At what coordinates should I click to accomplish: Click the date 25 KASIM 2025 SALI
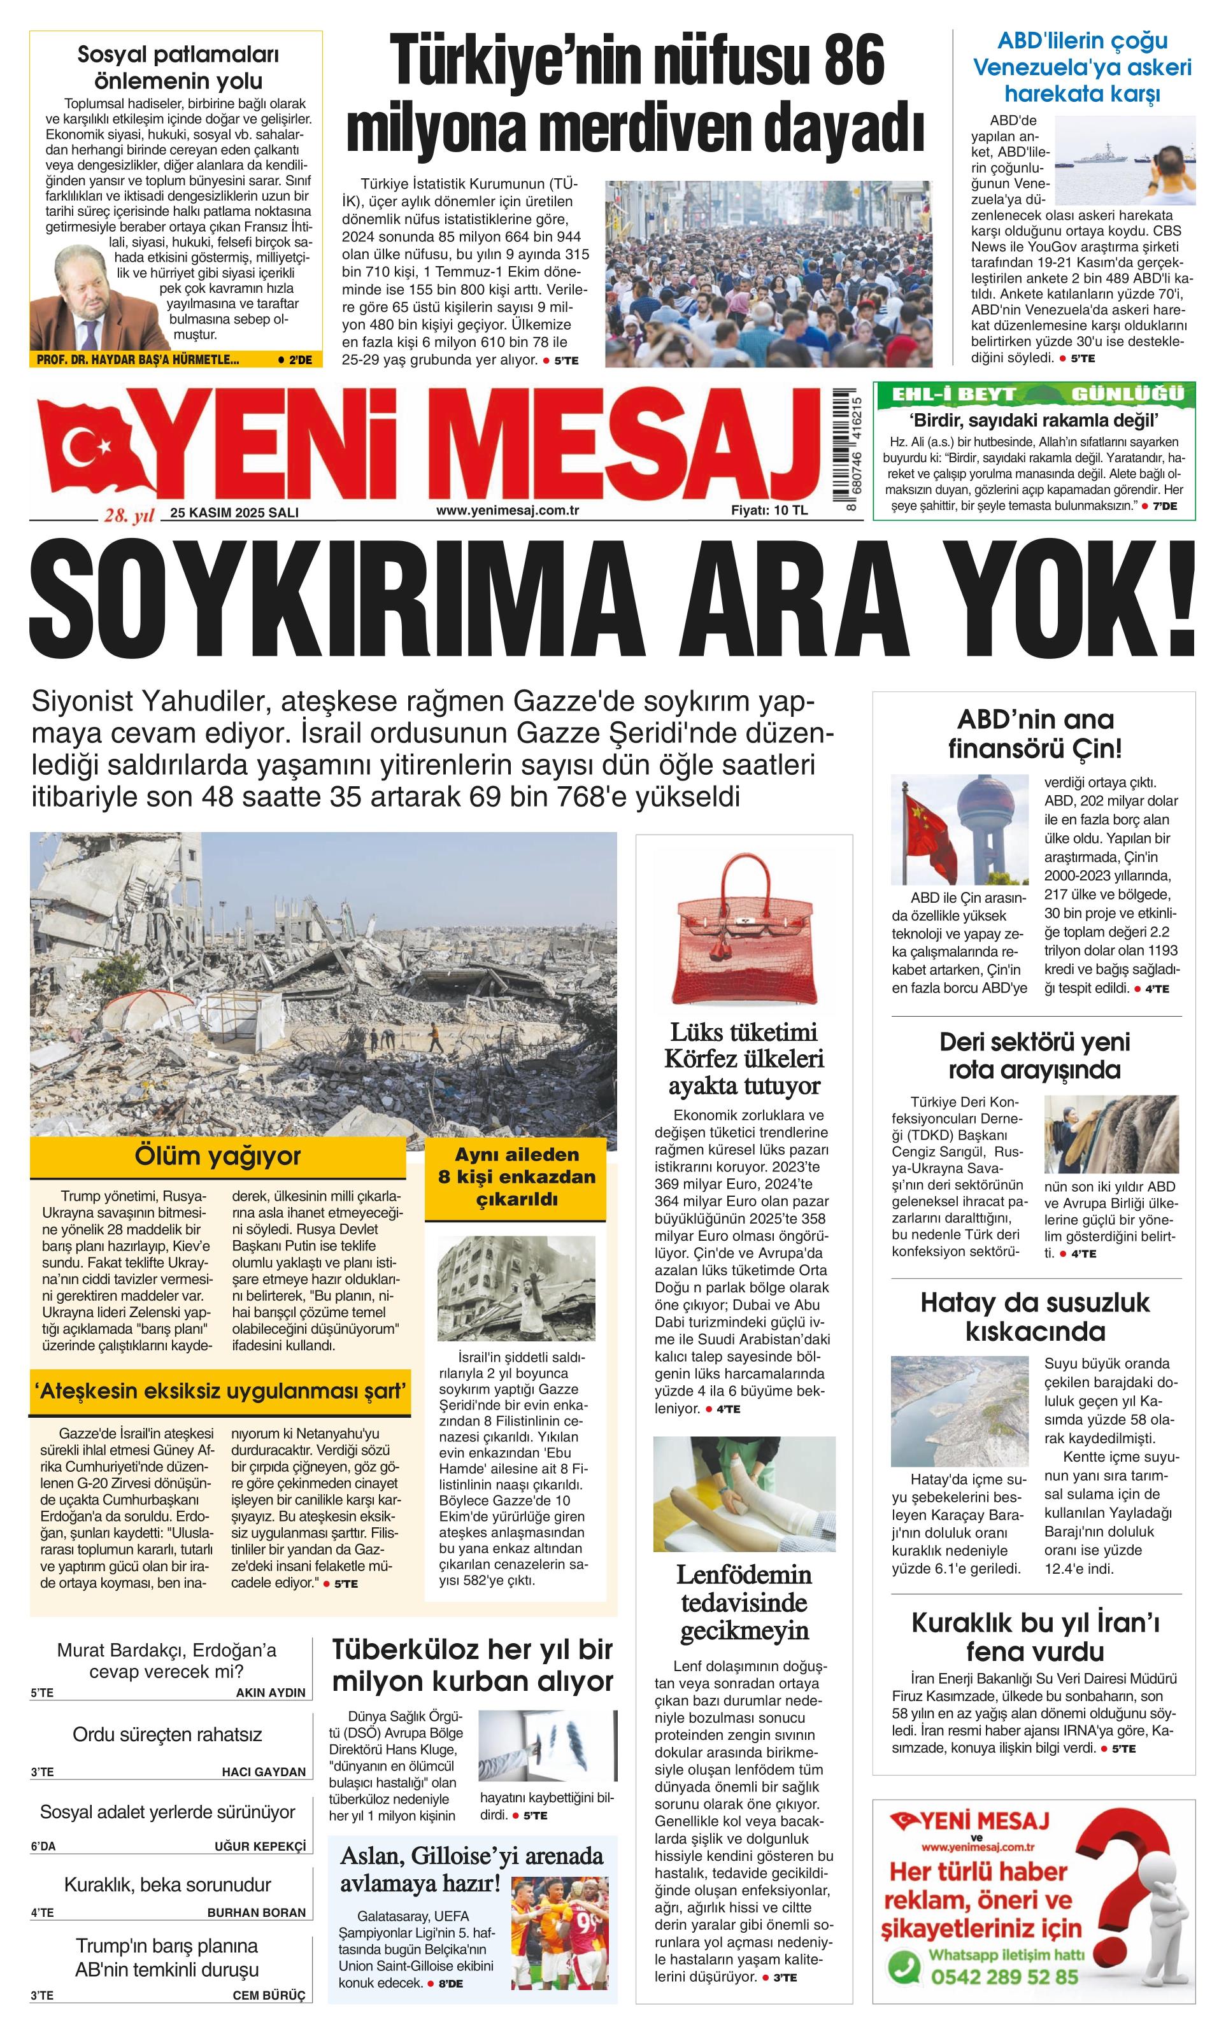[234, 512]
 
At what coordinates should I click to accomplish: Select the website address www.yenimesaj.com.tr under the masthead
[507, 510]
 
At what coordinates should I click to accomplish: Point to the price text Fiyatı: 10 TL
[769, 510]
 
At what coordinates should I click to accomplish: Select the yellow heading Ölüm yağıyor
[218, 1155]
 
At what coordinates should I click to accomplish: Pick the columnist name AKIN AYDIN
[270, 1692]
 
